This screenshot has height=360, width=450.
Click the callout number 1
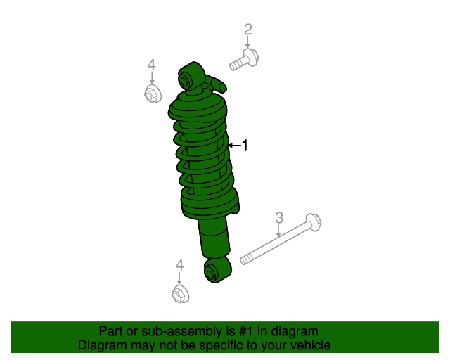coord(245,146)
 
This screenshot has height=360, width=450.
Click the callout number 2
coord(247,30)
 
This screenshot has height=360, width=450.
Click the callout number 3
coord(278,217)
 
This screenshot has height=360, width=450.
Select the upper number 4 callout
coord(152,65)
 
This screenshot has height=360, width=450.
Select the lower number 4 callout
coord(179,265)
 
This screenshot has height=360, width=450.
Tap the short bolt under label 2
coord(243,60)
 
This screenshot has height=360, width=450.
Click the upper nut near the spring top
coord(152,94)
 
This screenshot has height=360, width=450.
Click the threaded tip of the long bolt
coord(245,260)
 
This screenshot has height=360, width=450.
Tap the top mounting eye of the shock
coord(190,78)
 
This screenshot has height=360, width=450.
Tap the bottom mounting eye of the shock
coord(214,270)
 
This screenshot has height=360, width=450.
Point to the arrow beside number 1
coord(234,146)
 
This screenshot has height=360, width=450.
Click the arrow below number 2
coord(247,43)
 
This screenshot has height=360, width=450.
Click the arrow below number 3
coord(278,231)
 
